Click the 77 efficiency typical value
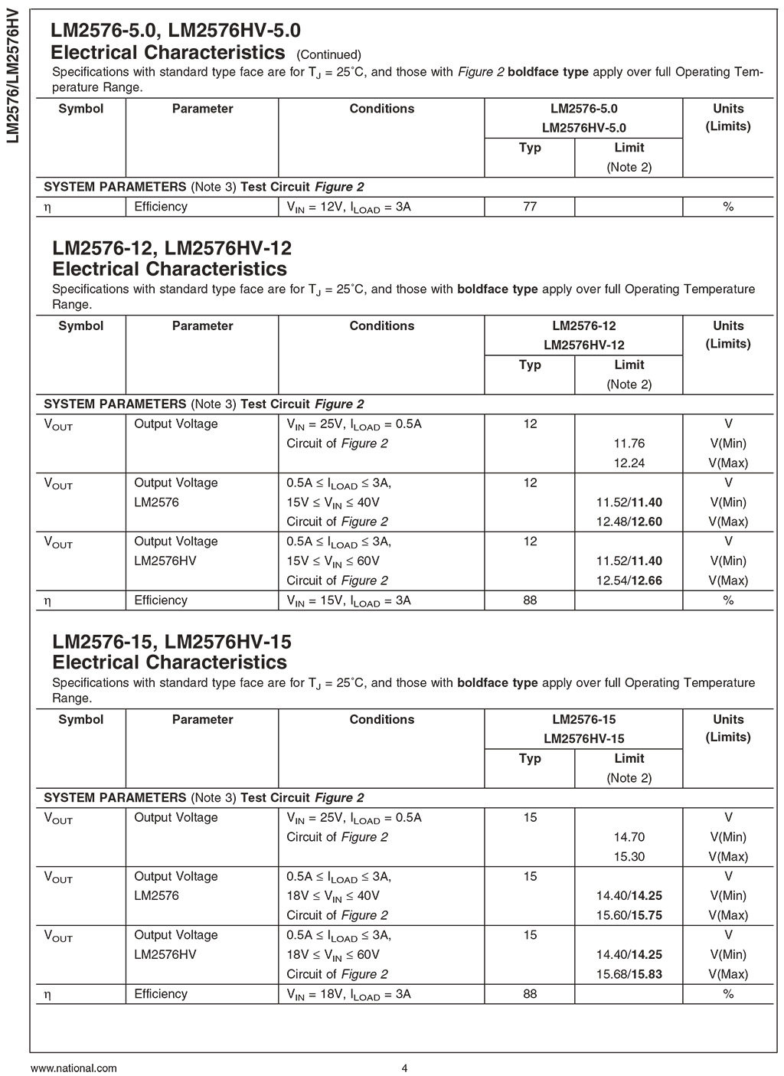pyautogui.click(x=530, y=207)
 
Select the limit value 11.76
pyautogui.click(x=629, y=443)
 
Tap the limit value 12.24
pyautogui.click(x=629, y=463)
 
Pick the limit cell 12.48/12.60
pyautogui.click(x=629, y=522)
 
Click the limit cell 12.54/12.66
pyautogui.click(x=629, y=581)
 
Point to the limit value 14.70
pyautogui.click(x=629, y=837)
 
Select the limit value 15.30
pyautogui.click(x=629, y=857)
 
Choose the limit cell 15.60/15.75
pyautogui.click(x=629, y=916)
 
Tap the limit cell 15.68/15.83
pyautogui.click(x=629, y=974)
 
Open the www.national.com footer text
pyautogui.click(x=73, y=1068)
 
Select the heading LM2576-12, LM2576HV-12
pyautogui.click(x=171, y=249)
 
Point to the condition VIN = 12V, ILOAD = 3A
pyautogui.click(x=348, y=207)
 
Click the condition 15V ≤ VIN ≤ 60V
pyautogui.click(x=333, y=561)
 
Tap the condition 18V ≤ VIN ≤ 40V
pyautogui.click(x=333, y=896)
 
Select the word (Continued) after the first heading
pyautogui.click(x=328, y=54)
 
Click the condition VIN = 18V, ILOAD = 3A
pyautogui.click(x=348, y=994)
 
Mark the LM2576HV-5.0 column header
pyautogui.click(x=583, y=128)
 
